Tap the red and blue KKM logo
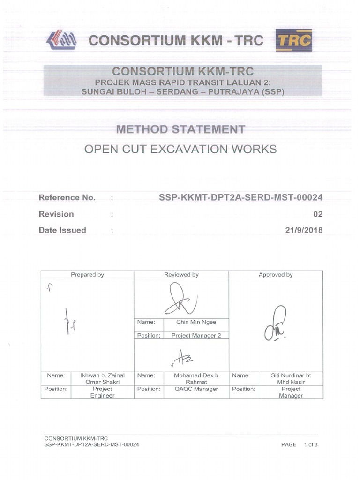click(x=61, y=40)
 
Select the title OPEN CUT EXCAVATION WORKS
click(x=180, y=150)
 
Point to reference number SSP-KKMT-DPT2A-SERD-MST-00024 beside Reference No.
click(x=241, y=198)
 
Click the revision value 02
click(x=318, y=214)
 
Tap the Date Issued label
click(x=62, y=230)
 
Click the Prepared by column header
click(x=87, y=275)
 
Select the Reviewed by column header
click(x=181, y=275)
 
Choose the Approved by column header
click(x=276, y=275)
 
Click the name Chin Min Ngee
click(x=196, y=322)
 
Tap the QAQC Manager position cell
click(x=196, y=389)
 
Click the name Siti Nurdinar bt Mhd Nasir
click(x=291, y=379)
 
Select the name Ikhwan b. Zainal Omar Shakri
click(x=102, y=379)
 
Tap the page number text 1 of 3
click(x=311, y=444)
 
